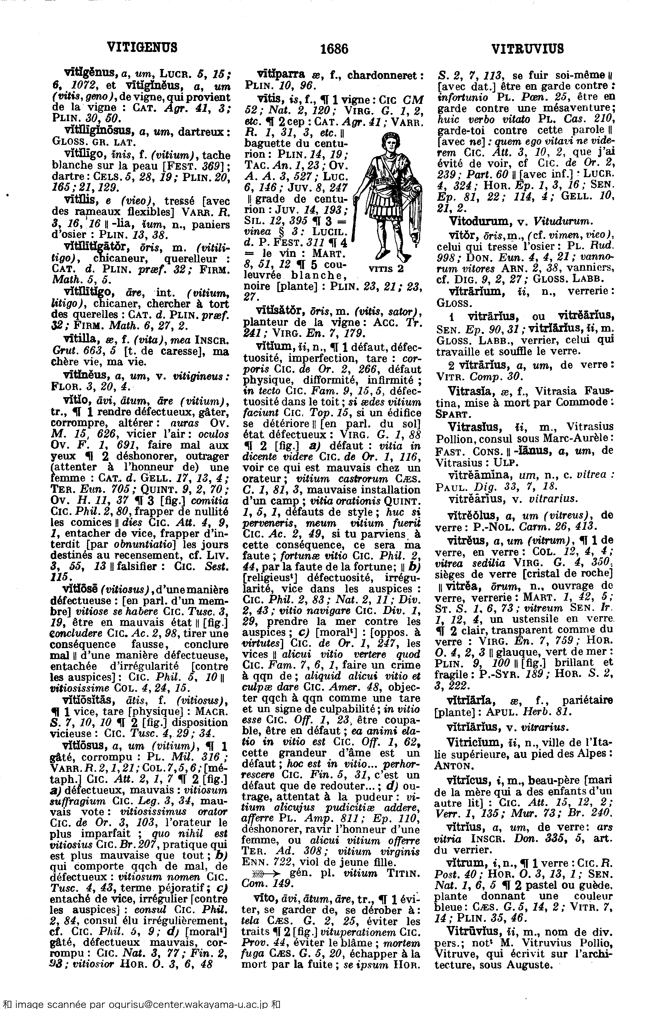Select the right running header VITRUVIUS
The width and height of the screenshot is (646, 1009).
click(527, 49)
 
